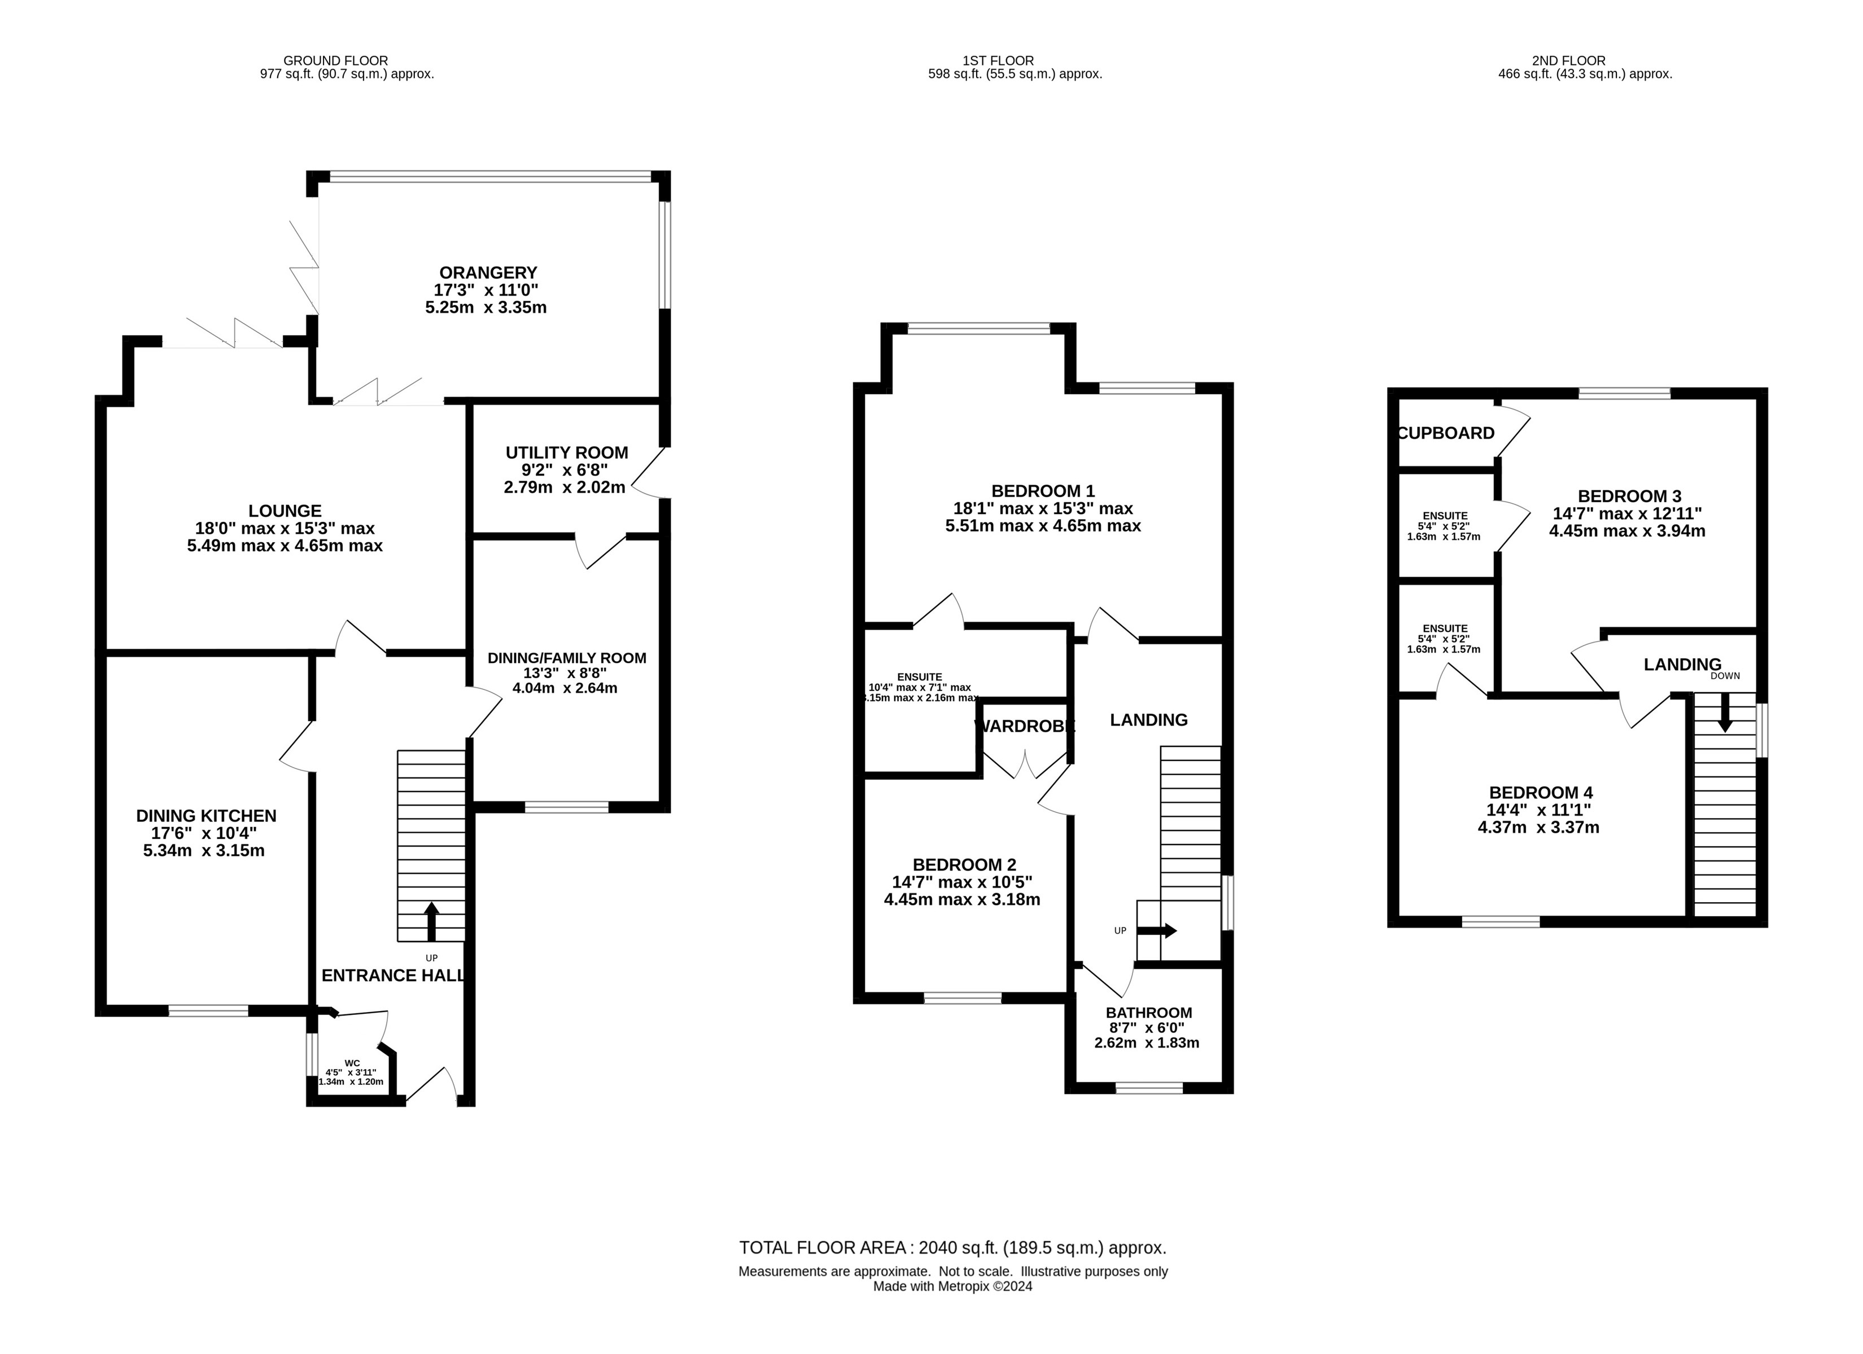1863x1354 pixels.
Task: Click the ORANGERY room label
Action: [x=488, y=272]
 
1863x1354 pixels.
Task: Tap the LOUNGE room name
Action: [x=285, y=511]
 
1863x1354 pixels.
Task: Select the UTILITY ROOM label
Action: [x=567, y=452]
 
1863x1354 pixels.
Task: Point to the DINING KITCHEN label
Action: [x=206, y=815]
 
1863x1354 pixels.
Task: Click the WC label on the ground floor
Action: [x=352, y=1062]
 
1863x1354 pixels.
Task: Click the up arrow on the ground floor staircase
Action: [x=431, y=921]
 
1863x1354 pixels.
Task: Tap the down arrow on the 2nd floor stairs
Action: [x=1724, y=713]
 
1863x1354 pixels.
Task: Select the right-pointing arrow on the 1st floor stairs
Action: [x=1157, y=931]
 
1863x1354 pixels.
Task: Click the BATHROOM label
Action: [x=1148, y=1013]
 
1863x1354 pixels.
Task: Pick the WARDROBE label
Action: [x=1024, y=726]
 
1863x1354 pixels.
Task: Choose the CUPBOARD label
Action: [x=1446, y=433]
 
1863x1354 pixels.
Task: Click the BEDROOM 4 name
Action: [x=1541, y=792]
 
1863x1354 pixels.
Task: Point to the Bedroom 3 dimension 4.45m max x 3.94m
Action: [x=1627, y=530]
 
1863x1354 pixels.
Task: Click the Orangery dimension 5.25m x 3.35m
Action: [x=486, y=307]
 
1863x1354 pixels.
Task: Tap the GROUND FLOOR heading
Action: [x=335, y=60]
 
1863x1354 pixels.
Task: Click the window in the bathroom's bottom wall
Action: [x=1149, y=1087]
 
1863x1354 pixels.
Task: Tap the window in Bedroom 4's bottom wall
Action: [x=1501, y=921]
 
